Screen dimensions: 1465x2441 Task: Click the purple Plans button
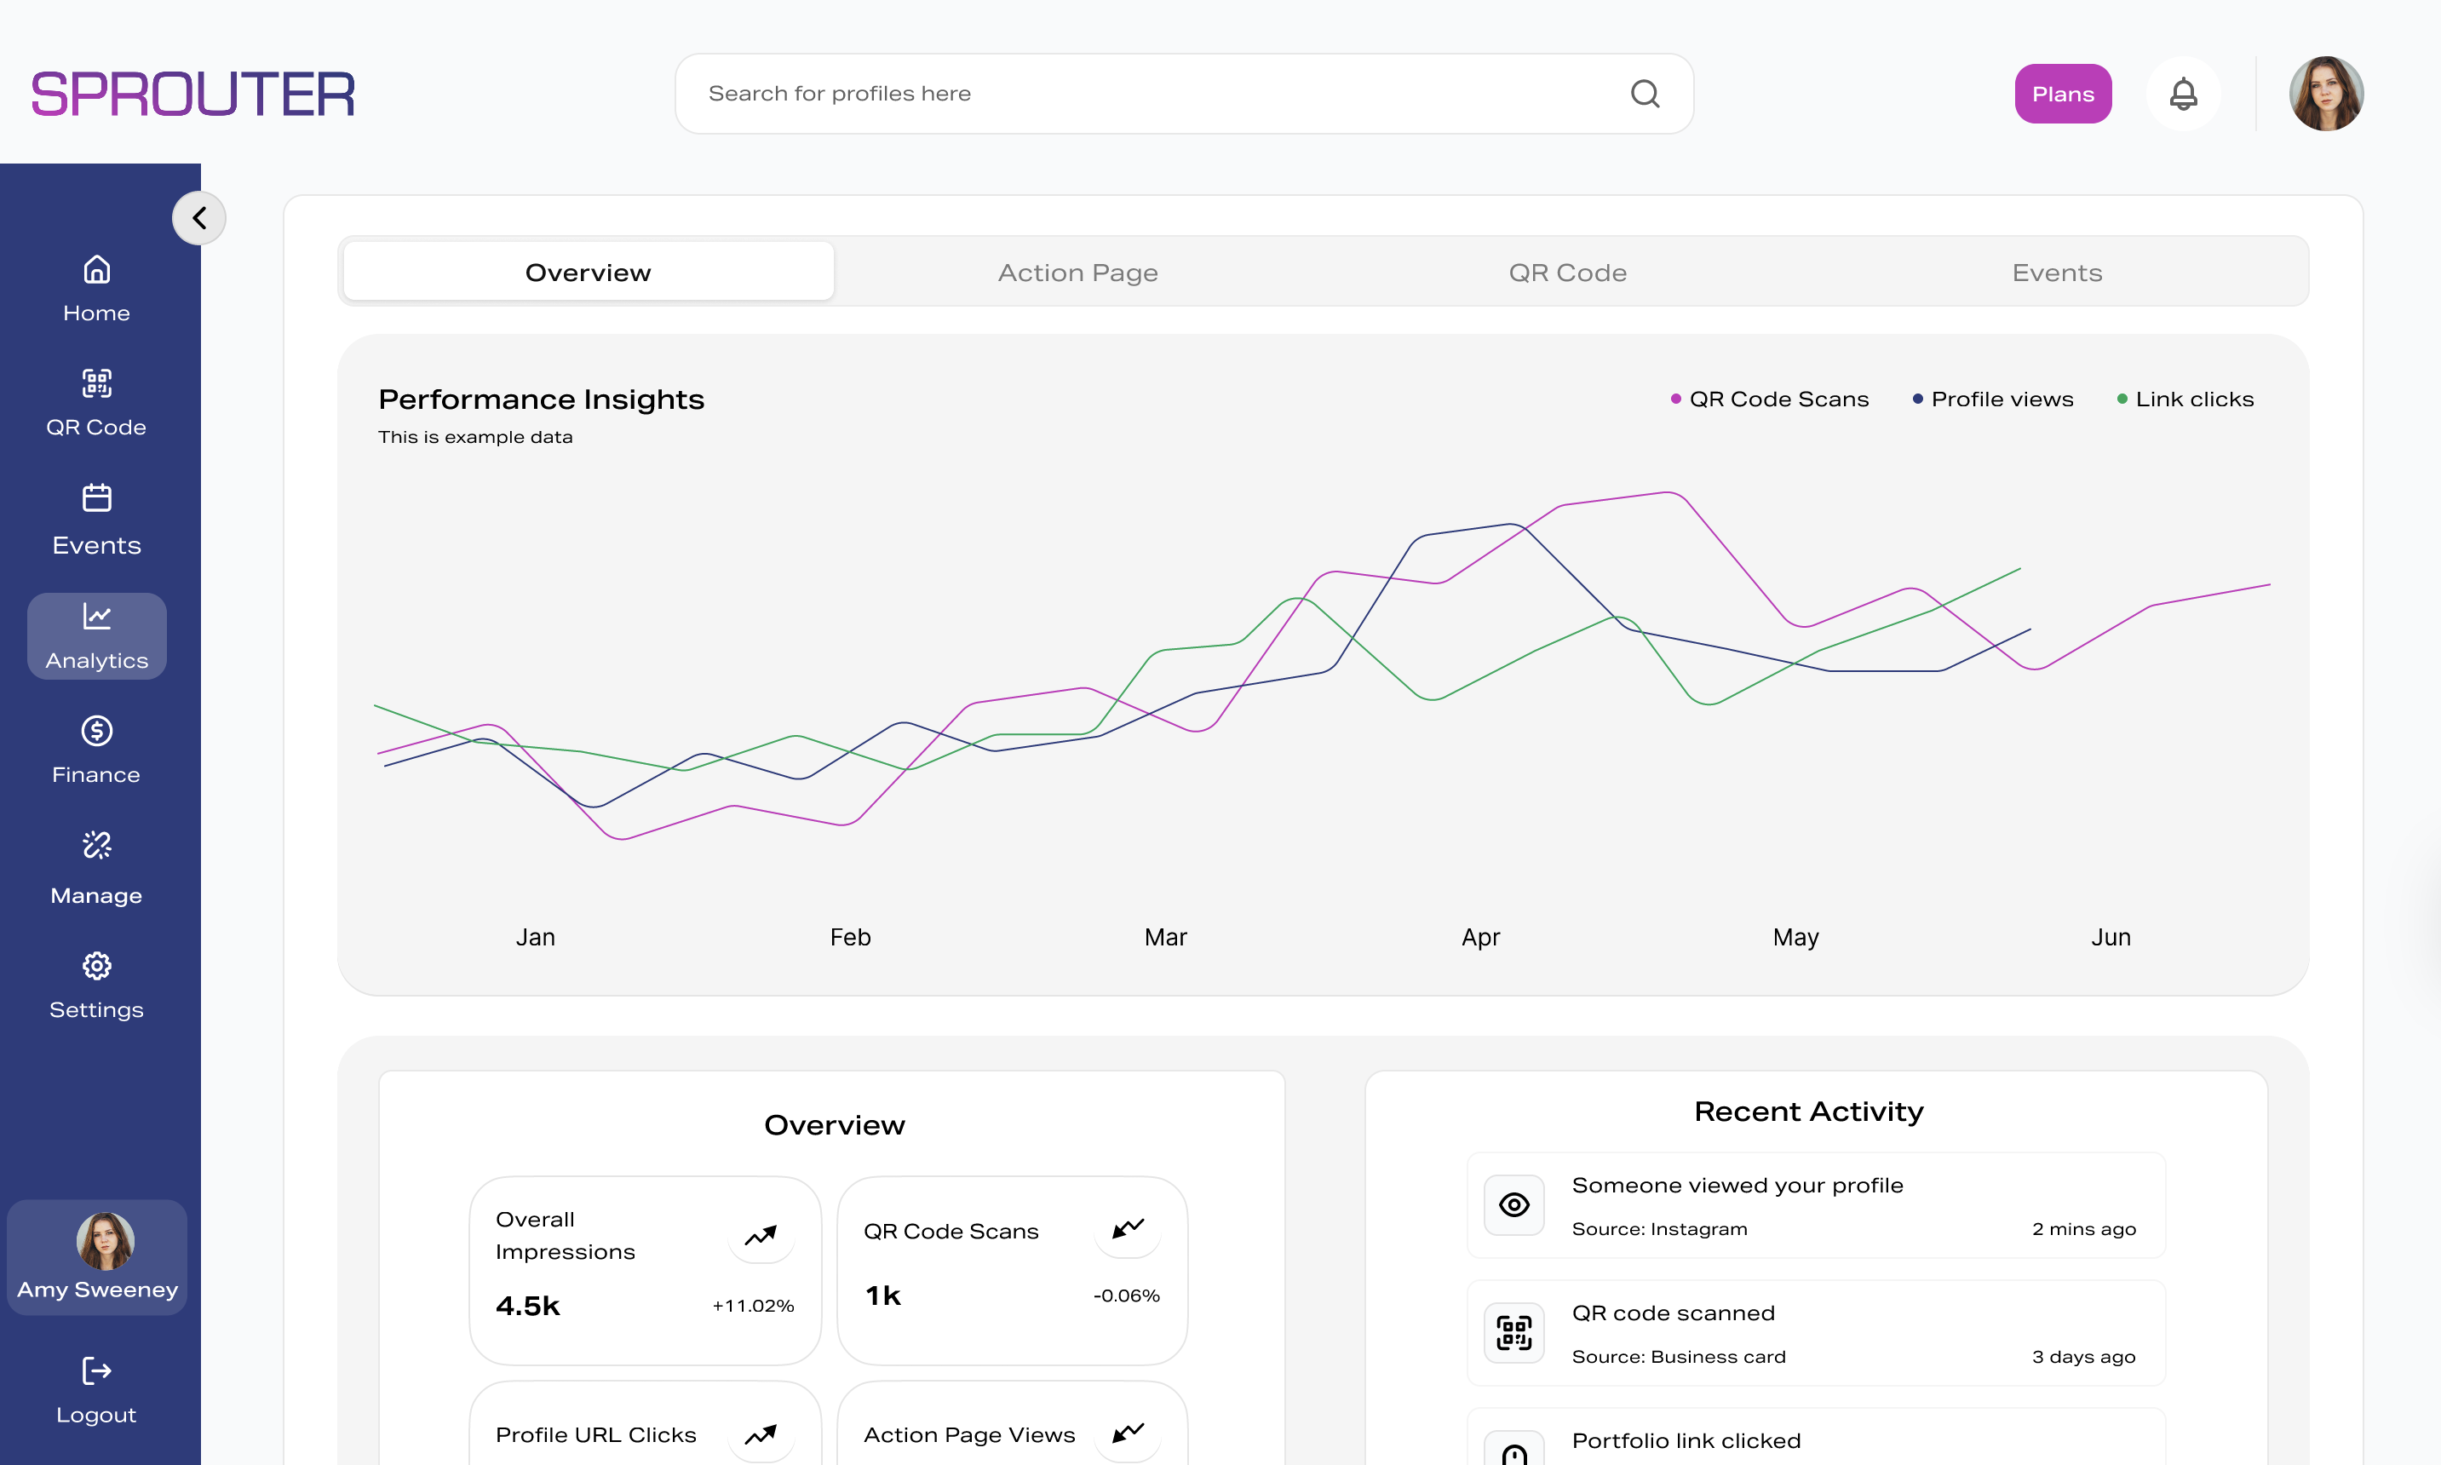point(2062,94)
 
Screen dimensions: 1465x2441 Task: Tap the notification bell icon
point(2182,94)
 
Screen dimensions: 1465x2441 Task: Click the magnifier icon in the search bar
point(1645,94)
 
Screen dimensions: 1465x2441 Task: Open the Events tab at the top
point(2056,273)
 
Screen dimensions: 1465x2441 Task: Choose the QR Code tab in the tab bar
point(1566,273)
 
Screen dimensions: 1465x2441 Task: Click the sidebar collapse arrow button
point(199,218)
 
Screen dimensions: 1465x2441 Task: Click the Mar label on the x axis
point(1165,937)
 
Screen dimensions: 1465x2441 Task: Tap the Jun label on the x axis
point(2111,937)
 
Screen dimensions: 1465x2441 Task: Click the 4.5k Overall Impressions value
point(528,1306)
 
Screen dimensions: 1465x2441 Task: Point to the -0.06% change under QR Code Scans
point(1126,1296)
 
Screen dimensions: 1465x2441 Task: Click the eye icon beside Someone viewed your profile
point(1513,1204)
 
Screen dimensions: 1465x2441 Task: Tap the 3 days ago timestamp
point(2082,1357)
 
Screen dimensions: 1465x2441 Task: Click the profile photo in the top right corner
point(2325,94)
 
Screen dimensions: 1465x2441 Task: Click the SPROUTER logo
point(193,95)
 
